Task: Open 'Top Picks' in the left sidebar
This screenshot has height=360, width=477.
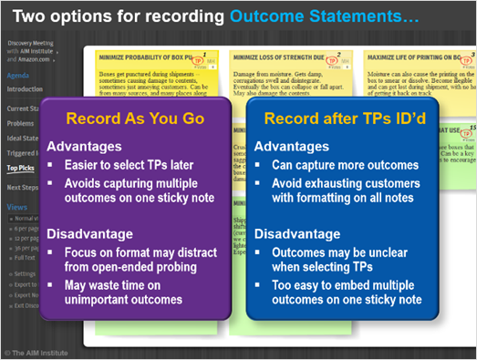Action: (21, 168)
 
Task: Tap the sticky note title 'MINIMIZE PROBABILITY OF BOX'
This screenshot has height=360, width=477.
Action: (148, 57)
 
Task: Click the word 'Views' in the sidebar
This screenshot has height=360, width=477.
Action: (16, 207)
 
